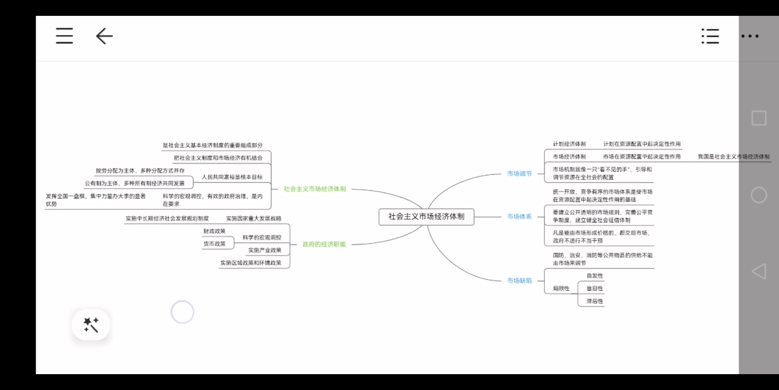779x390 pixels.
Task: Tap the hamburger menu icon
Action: pos(64,36)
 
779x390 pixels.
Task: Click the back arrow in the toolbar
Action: pos(104,36)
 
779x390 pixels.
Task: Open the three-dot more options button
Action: pos(750,36)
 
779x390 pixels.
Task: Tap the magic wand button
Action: pos(91,325)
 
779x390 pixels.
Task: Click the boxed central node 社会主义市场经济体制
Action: pos(426,217)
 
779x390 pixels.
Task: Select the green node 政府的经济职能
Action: pos(324,244)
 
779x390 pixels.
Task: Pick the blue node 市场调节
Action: pos(519,173)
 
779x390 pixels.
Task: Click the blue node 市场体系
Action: pos(519,217)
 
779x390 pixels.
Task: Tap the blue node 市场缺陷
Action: pos(519,280)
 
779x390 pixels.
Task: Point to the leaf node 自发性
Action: pos(594,276)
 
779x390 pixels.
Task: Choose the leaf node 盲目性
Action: pos(594,288)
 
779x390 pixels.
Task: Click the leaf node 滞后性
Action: pos(594,301)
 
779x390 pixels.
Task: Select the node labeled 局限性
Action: pos(561,288)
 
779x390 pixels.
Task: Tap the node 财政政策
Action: pos(214,231)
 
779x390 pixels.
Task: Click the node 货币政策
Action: pos(214,244)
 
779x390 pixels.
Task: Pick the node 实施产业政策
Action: pos(264,250)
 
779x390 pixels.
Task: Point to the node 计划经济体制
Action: pos(569,144)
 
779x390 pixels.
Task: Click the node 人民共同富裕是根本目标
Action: pos(232,177)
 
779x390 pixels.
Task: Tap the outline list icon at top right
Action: pos(710,36)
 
